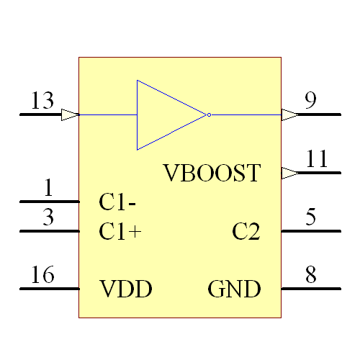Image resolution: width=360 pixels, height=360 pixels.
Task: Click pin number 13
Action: click(x=42, y=101)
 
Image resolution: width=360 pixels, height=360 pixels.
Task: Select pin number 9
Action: click(x=310, y=101)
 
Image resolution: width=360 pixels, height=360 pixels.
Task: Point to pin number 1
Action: click(x=48, y=189)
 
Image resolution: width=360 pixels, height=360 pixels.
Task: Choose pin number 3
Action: click(x=48, y=217)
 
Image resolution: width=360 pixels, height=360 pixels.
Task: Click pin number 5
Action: click(x=310, y=217)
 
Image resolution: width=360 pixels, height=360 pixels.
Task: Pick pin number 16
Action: click(x=42, y=275)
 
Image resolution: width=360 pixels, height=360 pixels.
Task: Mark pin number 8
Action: click(x=310, y=275)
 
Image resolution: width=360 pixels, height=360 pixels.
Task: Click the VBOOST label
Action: click(x=211, y=174)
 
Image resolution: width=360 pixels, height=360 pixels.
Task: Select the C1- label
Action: click(x=118, y=203)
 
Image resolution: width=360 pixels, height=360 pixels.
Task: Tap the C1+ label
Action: click(x=120, y=232)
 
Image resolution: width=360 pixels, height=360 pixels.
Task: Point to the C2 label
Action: click(x=246, y=232)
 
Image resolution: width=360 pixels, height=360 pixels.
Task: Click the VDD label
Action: click(x=125, y=289)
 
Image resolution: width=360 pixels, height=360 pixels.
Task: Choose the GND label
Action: click(x=234, y=289)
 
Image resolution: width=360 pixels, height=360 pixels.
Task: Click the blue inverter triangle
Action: click(x=166, y=114)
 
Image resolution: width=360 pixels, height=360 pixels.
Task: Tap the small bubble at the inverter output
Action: click(x=208, y=114)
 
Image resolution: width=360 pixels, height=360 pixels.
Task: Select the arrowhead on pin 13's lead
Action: click(x=70, y=114)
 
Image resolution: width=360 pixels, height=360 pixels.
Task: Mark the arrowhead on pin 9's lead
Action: click(x=289, y=114)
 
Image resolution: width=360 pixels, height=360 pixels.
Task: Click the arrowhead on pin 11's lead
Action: click(x=289, y=173)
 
